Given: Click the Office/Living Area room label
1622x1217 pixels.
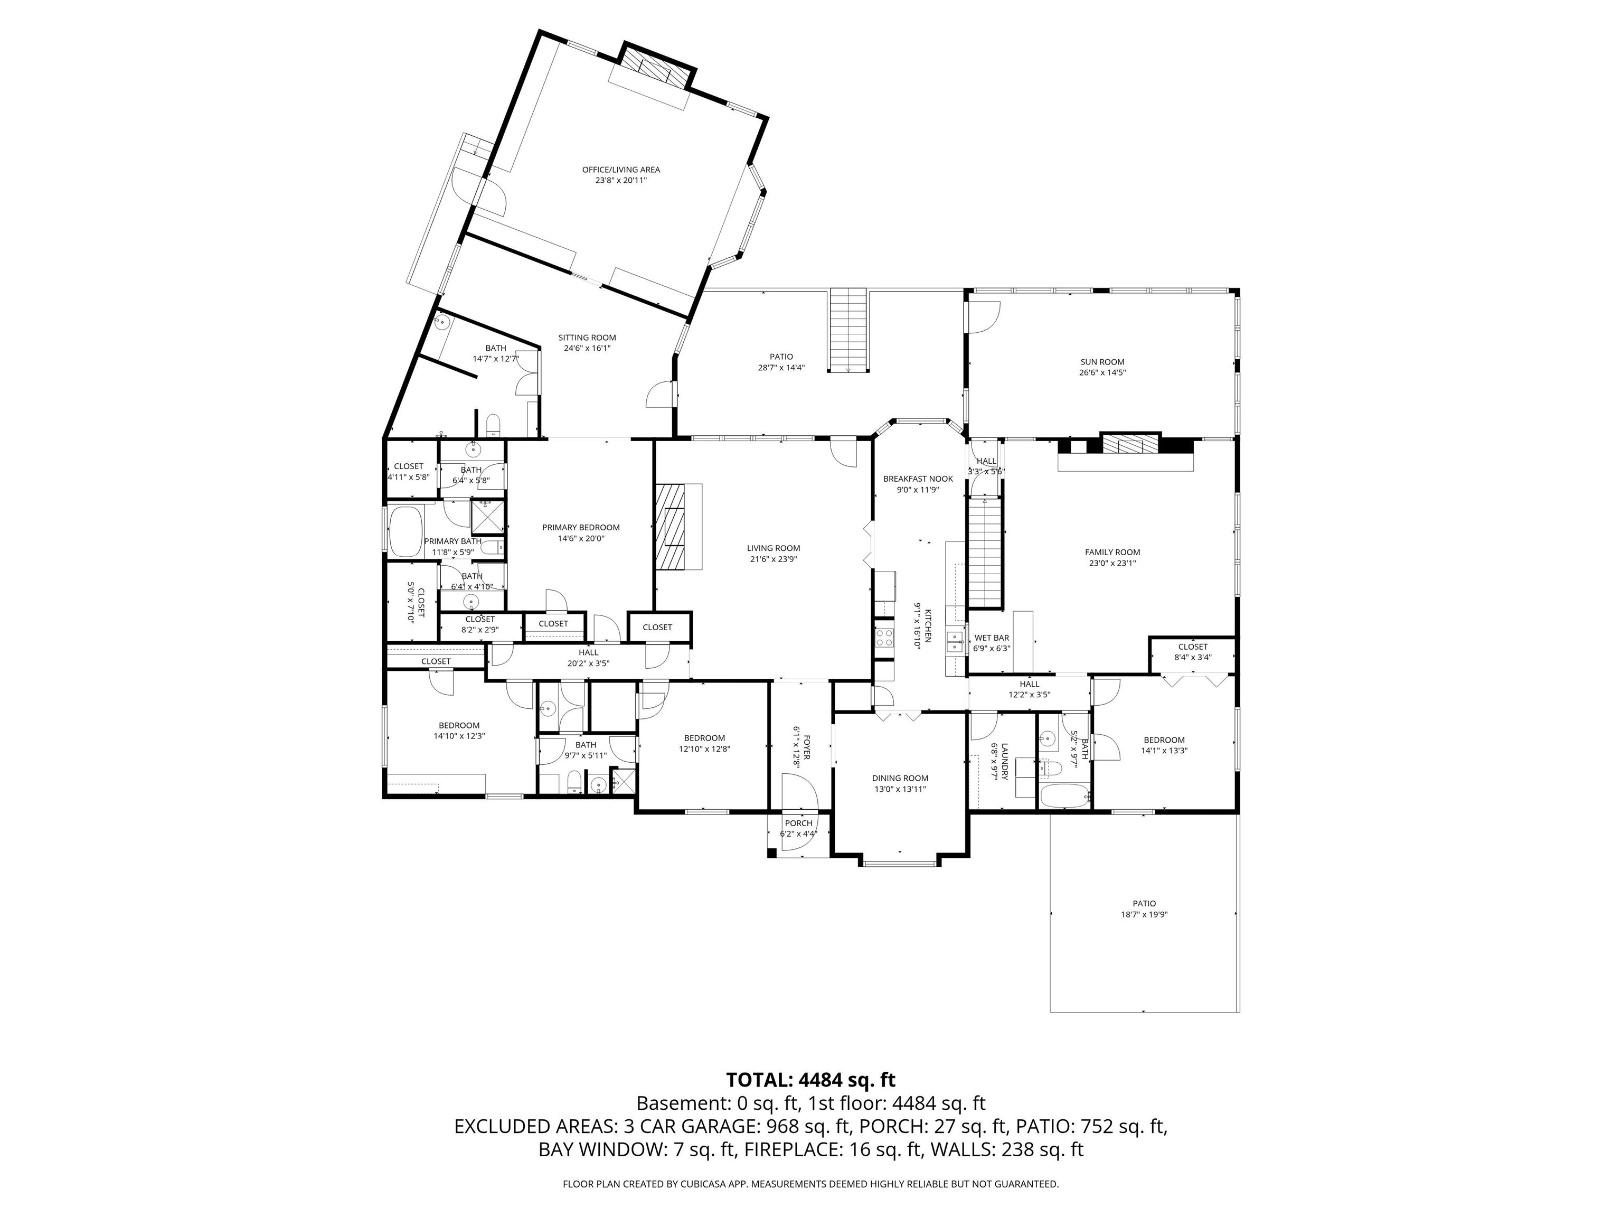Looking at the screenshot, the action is [620, 170].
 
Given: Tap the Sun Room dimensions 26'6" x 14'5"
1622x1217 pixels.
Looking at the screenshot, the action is [1102, 373].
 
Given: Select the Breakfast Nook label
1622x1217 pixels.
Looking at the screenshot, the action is [918, 479].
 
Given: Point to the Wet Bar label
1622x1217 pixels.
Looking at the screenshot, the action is [992, 638].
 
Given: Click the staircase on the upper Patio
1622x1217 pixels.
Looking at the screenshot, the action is [849, 330].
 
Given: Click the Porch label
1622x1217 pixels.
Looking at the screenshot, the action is [798, 823].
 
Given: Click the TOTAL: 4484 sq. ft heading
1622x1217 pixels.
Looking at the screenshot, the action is [810, 1080].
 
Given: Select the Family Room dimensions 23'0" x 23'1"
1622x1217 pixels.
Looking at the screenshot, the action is [1112, 564].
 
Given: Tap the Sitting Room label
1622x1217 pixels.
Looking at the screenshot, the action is [587, 338].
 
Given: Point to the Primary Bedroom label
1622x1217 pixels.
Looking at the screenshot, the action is [581, 528].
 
